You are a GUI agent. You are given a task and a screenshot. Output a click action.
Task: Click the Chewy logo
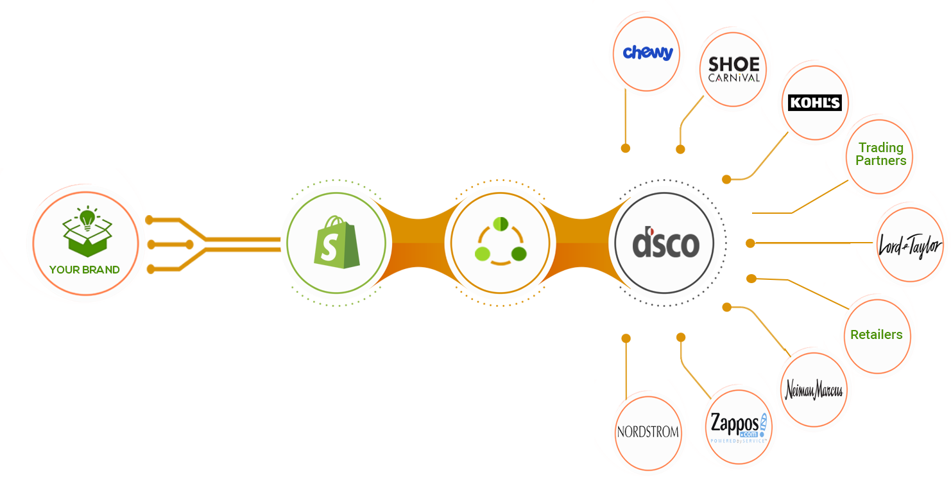tap(647, 53)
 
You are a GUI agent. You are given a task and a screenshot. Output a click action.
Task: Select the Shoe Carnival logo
tap(733, 69)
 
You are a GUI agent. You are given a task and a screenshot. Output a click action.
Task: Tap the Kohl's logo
tap(814, 102)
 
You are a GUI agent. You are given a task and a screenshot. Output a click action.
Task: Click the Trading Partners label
tap(880, 154)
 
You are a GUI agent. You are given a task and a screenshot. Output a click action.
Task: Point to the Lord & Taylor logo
tap(910, 246)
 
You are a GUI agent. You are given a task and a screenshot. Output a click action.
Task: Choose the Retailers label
tap(876, 334)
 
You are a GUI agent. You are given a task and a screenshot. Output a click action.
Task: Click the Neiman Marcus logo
tap(814, 390)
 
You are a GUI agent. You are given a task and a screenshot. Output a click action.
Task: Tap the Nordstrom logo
tap(647, 431)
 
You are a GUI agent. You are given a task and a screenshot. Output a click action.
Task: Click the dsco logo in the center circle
tap(665, 244)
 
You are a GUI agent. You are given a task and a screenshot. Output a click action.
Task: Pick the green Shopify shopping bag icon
tap(336, 244)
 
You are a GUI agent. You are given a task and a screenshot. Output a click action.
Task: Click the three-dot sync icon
tap(500, 243)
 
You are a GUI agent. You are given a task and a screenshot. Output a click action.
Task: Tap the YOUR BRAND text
tap(85, 270)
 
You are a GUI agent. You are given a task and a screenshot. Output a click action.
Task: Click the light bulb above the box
tap(85, 218)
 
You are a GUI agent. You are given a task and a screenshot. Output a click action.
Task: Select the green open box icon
tap(87, 238)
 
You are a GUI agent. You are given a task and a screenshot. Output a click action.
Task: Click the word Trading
tap(880, 148)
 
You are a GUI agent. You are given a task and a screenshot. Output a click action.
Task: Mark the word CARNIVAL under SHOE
tap(733, 78)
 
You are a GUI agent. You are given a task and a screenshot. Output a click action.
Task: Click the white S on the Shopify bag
tap(329, 248)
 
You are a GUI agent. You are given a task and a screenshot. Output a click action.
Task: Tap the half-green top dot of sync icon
tap(500, 224)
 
